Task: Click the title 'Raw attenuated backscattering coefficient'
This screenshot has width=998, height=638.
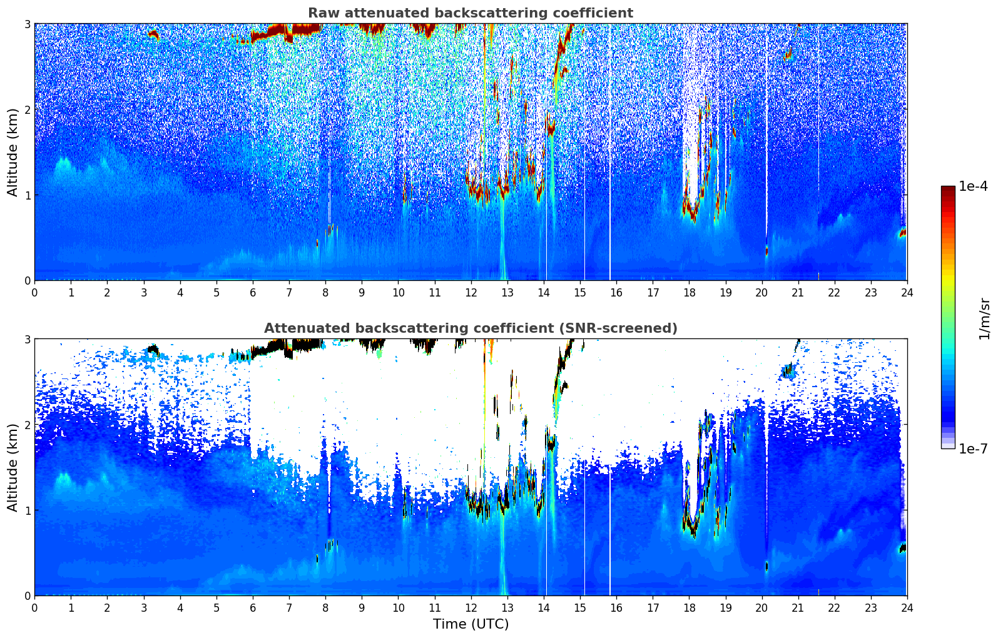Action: click(470, 13)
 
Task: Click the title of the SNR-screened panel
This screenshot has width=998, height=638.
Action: click(470, 328)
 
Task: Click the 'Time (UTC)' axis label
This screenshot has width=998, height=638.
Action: click(471, 624)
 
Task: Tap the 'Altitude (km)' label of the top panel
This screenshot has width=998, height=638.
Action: click(13, 152)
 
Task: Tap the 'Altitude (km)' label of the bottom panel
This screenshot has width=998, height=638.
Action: click(13, 467)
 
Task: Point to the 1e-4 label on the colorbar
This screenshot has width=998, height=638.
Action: click(973, 186)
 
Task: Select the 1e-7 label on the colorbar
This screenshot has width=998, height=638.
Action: click(973, 448)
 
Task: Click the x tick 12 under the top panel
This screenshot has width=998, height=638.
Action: click(471, 292)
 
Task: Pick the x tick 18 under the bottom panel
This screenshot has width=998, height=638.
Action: click(689, 607)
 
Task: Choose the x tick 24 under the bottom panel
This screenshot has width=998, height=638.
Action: click(907, 607)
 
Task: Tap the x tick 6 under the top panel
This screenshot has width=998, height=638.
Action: click(253, 292)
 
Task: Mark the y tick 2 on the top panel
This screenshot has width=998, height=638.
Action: click(27, 109)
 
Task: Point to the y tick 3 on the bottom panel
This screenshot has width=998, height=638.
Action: click(27, 339)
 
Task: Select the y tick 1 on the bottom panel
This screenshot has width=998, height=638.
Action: click(27, 510)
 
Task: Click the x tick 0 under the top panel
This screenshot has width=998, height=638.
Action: click(34, 292)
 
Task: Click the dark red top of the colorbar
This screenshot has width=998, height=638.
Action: click(948, 188)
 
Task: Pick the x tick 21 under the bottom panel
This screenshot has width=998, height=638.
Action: click(798, 607)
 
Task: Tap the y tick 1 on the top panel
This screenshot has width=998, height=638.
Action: click(27, 195)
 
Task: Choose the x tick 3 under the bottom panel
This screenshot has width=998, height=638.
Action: click(143, 607)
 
